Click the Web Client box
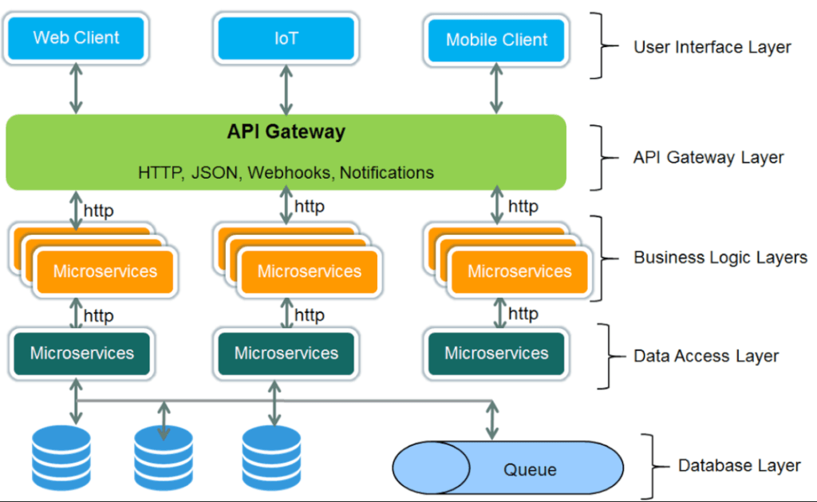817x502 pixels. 76,38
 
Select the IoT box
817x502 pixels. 286,38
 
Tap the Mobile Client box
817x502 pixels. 496,40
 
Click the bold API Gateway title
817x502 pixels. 286,132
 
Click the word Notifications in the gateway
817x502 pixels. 387,172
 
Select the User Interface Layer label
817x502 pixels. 712,47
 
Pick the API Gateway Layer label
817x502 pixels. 708,157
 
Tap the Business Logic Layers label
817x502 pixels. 720,257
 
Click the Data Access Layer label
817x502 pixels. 705,356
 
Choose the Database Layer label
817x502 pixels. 739,465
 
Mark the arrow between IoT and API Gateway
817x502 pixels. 285,89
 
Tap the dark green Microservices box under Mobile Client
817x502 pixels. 496,353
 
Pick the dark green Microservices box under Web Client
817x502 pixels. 81,353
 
